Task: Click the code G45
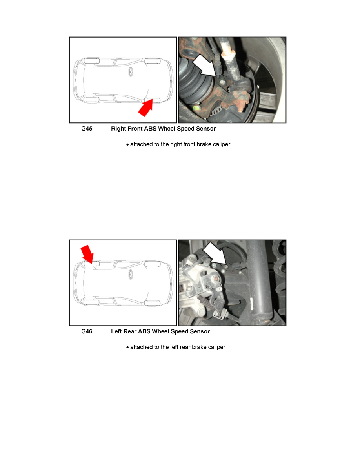pos(87,129)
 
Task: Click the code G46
pos(87,331)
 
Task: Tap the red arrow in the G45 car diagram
pos(146,107)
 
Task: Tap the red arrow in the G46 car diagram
pos(87,255)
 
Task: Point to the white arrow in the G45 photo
pos(204,65)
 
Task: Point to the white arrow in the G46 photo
pos(215,253)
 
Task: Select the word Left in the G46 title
pos(116,331)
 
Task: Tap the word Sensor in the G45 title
pos(205,129)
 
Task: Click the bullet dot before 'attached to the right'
pos(127,145)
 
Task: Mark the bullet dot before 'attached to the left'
pos(127,348)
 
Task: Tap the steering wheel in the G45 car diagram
pos(131,72)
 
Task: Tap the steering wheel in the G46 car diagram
pos(131,275)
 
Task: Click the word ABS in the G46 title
pos(144,331)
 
